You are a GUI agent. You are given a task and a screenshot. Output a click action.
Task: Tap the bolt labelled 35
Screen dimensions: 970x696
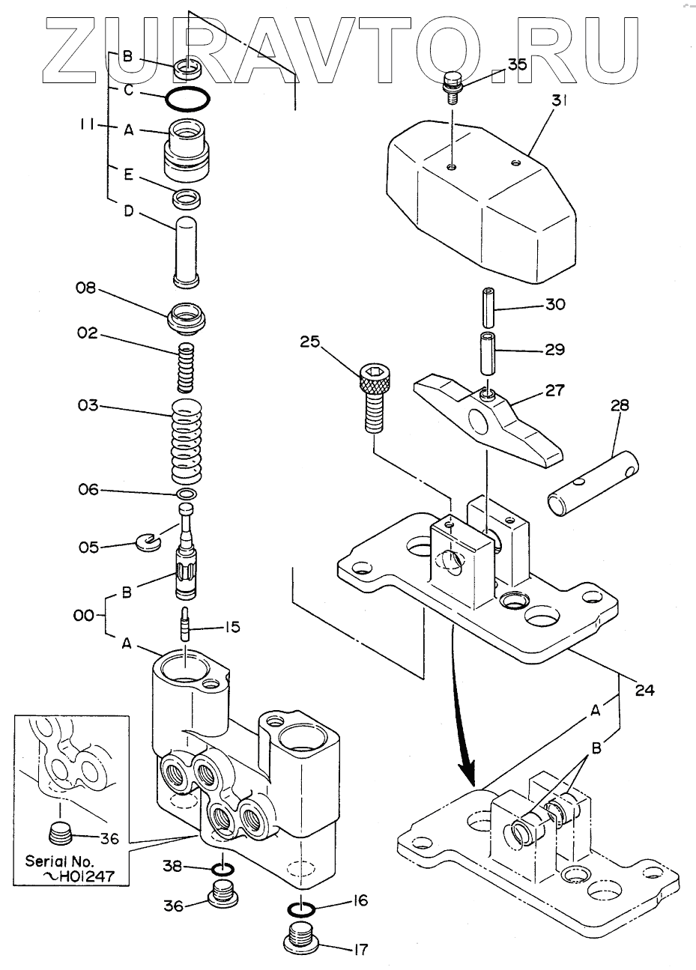pyautogui.click(x=452, y=87)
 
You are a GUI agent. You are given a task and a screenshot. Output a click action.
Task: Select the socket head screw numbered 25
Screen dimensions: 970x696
pyautogui.click(x=374, y=397)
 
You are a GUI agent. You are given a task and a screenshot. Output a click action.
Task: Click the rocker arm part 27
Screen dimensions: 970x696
pyautogui.click(x=488, y=419)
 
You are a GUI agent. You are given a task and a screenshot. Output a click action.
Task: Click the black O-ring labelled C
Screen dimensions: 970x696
pyautogui.click(x=187, y=98)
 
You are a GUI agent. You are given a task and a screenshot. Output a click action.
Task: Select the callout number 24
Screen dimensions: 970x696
pyautogui.click(x=644, y=690)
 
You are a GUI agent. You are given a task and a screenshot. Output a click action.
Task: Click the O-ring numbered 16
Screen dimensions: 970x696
pyautogui.click(x=300, y=909)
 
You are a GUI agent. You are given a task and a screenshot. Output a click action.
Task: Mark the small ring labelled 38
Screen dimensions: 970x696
pyautogui.click(x=223, y=869)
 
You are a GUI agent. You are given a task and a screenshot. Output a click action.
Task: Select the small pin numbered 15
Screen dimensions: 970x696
pyautogui.click(x=187, y=622)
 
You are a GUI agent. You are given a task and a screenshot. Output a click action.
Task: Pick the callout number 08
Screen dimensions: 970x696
pyautogui.click(x=85, y=288)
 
